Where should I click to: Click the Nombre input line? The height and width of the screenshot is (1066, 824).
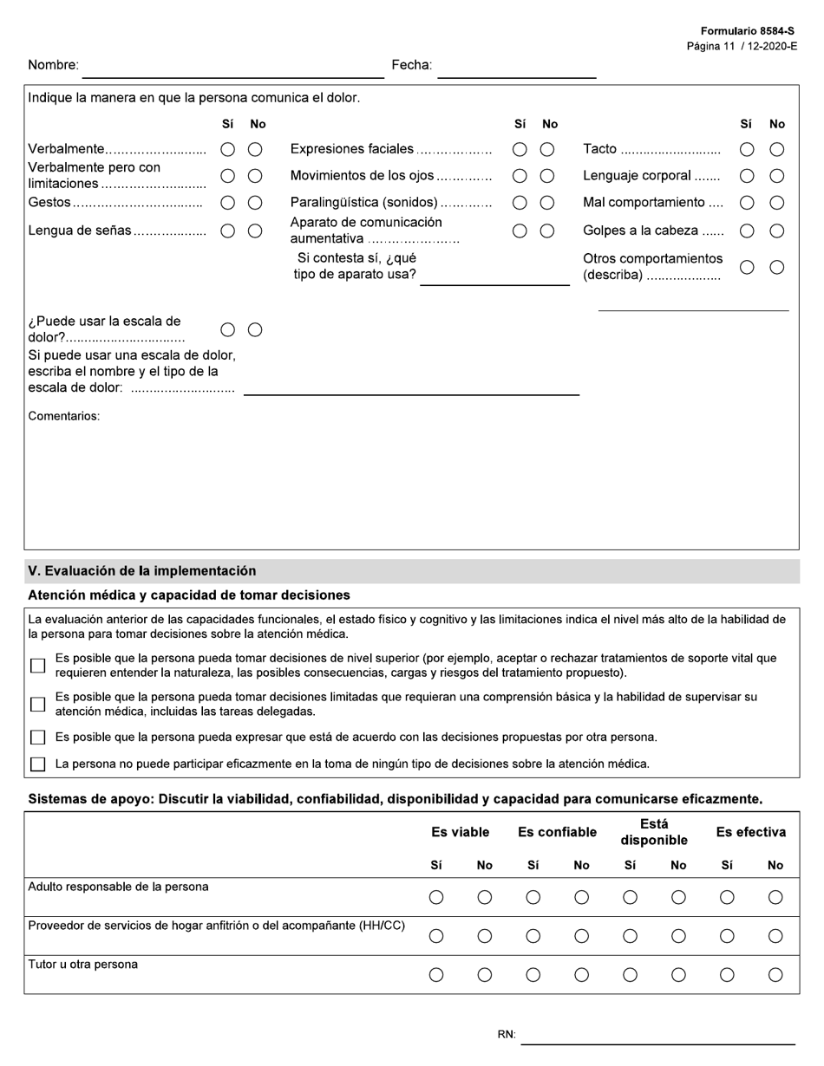point(232,69)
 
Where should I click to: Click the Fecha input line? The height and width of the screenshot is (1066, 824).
point(516,69)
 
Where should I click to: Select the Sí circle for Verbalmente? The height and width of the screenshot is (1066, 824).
point(228,149)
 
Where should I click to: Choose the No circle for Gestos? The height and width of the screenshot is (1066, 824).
point(255,203)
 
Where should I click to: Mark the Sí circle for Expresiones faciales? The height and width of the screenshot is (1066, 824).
point(520,149)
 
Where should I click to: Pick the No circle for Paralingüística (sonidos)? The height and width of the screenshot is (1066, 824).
point(547,203)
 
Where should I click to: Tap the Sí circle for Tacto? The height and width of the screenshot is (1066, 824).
point(747,149)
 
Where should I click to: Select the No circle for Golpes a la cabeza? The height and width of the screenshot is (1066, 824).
point(777,231)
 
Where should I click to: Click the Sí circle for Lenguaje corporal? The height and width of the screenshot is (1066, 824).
point(747,176)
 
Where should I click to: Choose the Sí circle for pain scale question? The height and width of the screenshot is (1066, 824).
point(228,329)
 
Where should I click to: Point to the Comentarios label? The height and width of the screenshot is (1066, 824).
point(64,416)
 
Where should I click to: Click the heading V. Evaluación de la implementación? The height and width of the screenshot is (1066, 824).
point(142,571)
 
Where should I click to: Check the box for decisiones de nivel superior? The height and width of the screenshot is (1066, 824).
point(37,666)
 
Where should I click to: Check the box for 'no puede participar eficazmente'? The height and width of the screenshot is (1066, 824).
point(37,764)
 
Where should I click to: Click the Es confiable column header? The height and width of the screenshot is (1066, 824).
point(557,832)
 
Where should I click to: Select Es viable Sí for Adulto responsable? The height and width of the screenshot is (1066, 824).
point(436,898)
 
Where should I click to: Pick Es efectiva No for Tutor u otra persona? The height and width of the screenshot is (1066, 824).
point(775,975)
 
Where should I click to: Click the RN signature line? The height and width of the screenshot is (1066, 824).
point(657,1036)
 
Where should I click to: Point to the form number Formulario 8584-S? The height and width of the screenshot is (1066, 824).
point(747,31)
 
